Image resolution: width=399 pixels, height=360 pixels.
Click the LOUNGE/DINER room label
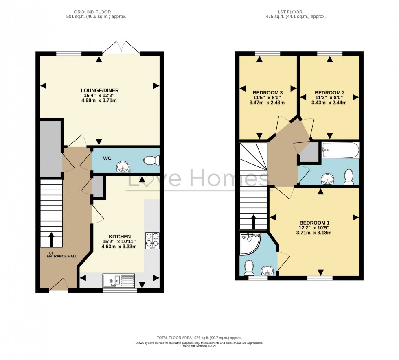tap(100, 90)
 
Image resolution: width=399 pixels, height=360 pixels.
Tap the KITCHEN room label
tap(120, 236)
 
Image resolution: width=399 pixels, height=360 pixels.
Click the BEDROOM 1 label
tap(314, 223)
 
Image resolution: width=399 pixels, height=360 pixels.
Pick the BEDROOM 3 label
tap(267, 92)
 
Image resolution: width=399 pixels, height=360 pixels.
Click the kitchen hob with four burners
tap(152, 240)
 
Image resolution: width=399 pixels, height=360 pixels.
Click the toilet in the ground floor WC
tap(151, 161)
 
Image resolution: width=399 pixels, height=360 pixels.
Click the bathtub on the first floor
tap(340, 150)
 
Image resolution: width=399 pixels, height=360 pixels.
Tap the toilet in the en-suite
tap(248, 267)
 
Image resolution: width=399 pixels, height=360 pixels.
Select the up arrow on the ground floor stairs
tap(52, 240)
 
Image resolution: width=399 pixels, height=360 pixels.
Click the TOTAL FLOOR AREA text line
tap(199, 338)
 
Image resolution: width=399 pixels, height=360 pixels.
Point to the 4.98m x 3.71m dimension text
tap(100, 100)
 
